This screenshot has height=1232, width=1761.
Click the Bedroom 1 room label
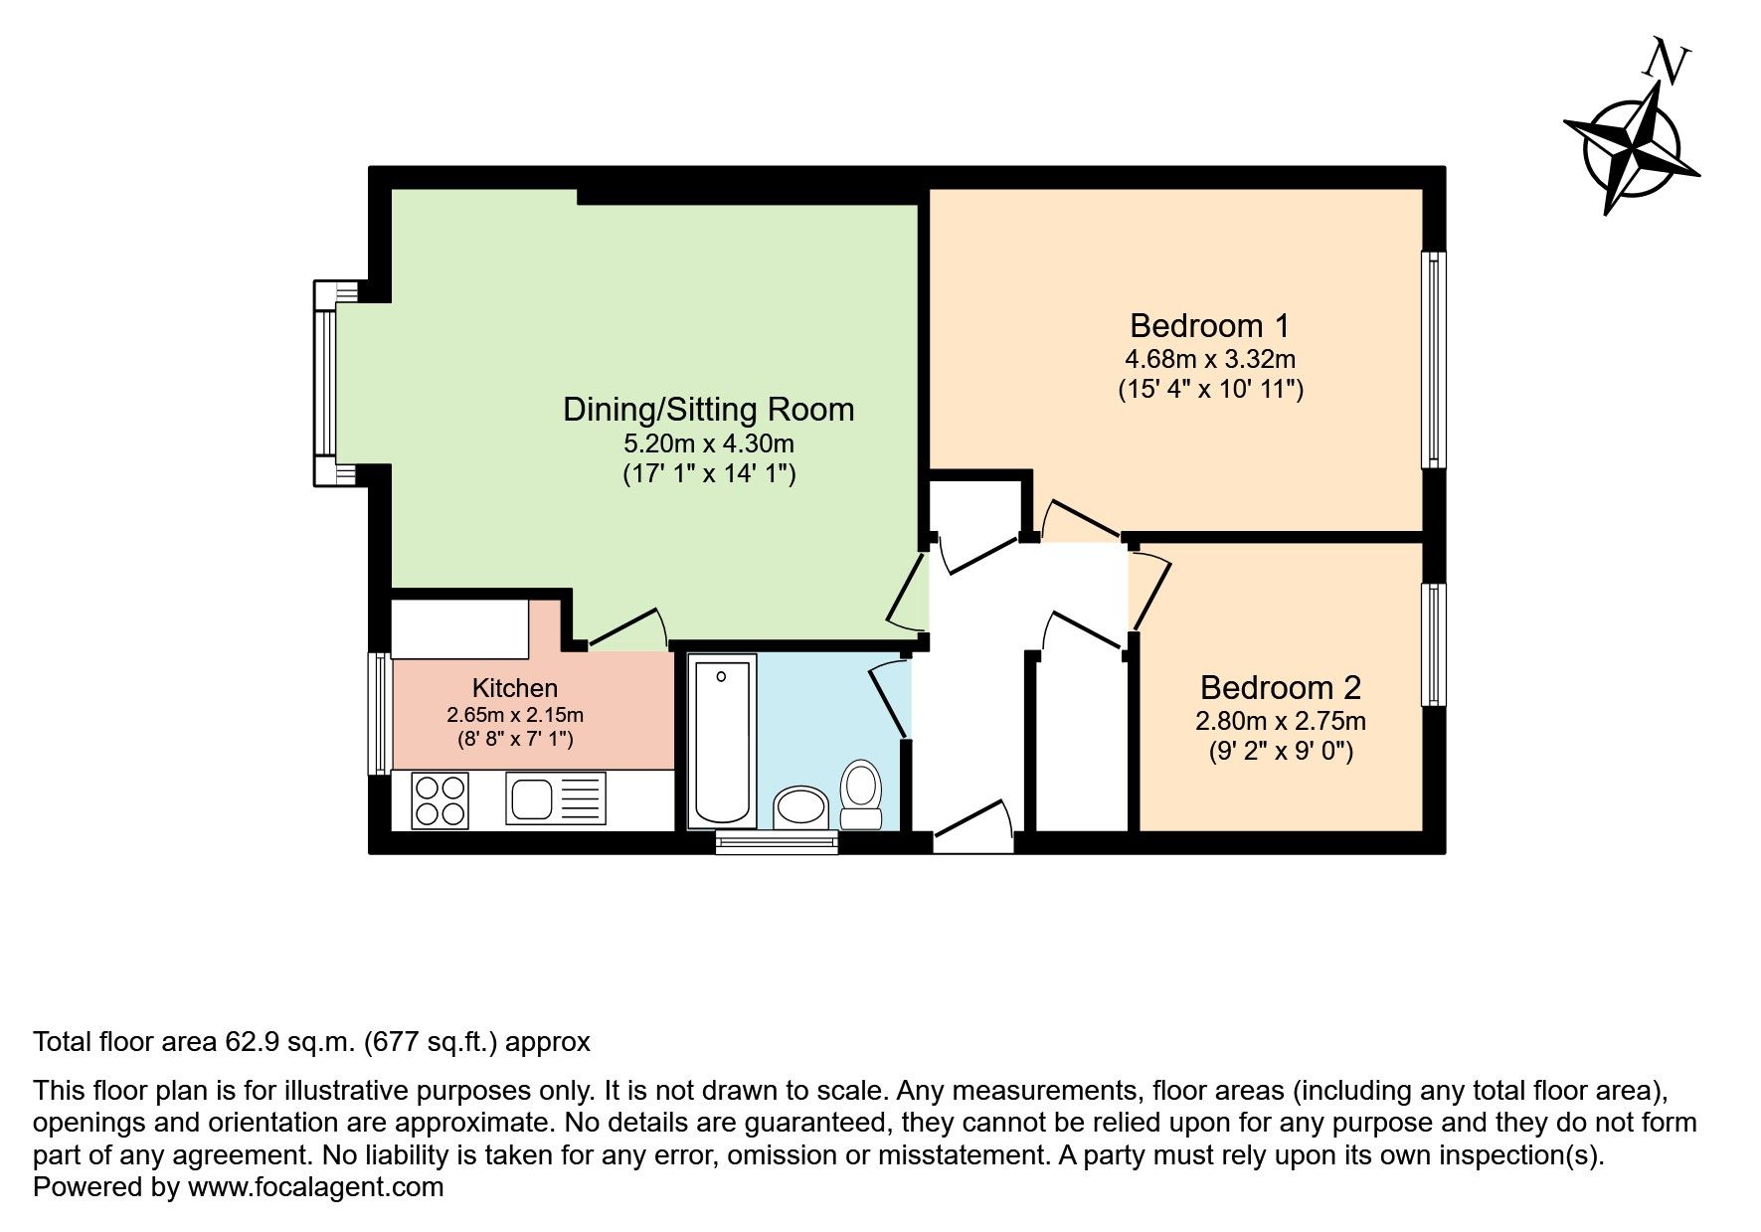point(1209,325)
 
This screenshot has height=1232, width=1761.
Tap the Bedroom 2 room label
point(1280,687)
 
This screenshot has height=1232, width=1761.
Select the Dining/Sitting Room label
point(708,410)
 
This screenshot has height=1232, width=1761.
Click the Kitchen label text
point(514,688)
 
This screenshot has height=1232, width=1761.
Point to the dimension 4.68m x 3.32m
point(1209,358)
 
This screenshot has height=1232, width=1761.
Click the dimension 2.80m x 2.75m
point(1280,720)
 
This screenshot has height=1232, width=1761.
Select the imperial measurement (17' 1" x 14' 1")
point(708,474)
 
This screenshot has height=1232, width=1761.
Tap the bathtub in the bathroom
point(722,741)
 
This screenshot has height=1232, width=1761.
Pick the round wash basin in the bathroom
point(800,806)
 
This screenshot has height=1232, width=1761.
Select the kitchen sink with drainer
point(555,799)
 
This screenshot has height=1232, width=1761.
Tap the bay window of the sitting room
point(326,383)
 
